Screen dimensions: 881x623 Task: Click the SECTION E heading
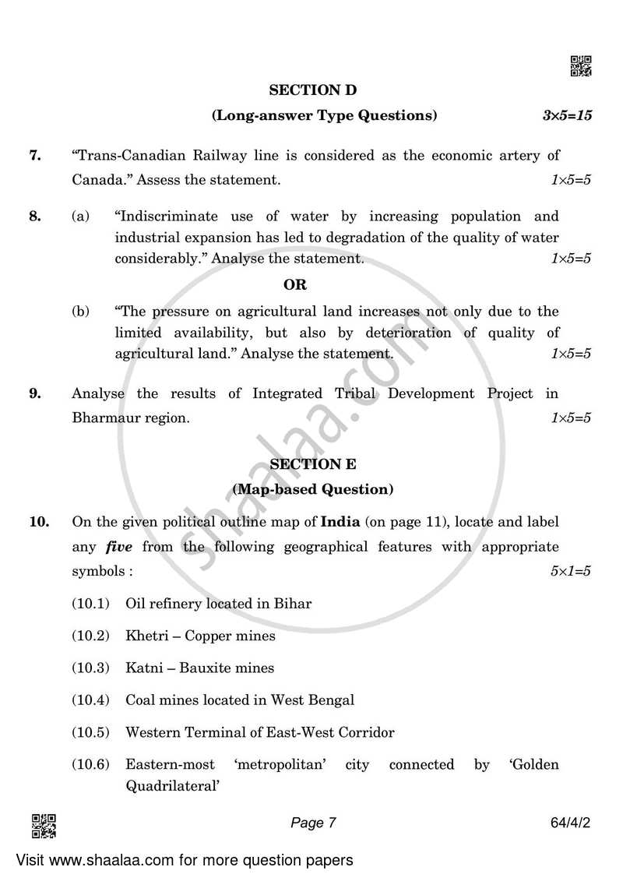click(x=312, y=464)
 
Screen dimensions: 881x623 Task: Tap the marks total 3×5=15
click(x=567, y=116)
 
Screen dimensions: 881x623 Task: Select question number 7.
click(x=35, y=156)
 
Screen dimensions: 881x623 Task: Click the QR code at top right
click(x=581, y=67)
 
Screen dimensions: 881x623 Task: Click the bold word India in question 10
click(x=340, y=521)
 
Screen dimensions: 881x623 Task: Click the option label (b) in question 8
click(x=81, y=312)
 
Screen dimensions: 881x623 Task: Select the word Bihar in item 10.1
click(x=294, y=604)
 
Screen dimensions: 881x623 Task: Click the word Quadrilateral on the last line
click(x=170, y=787)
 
